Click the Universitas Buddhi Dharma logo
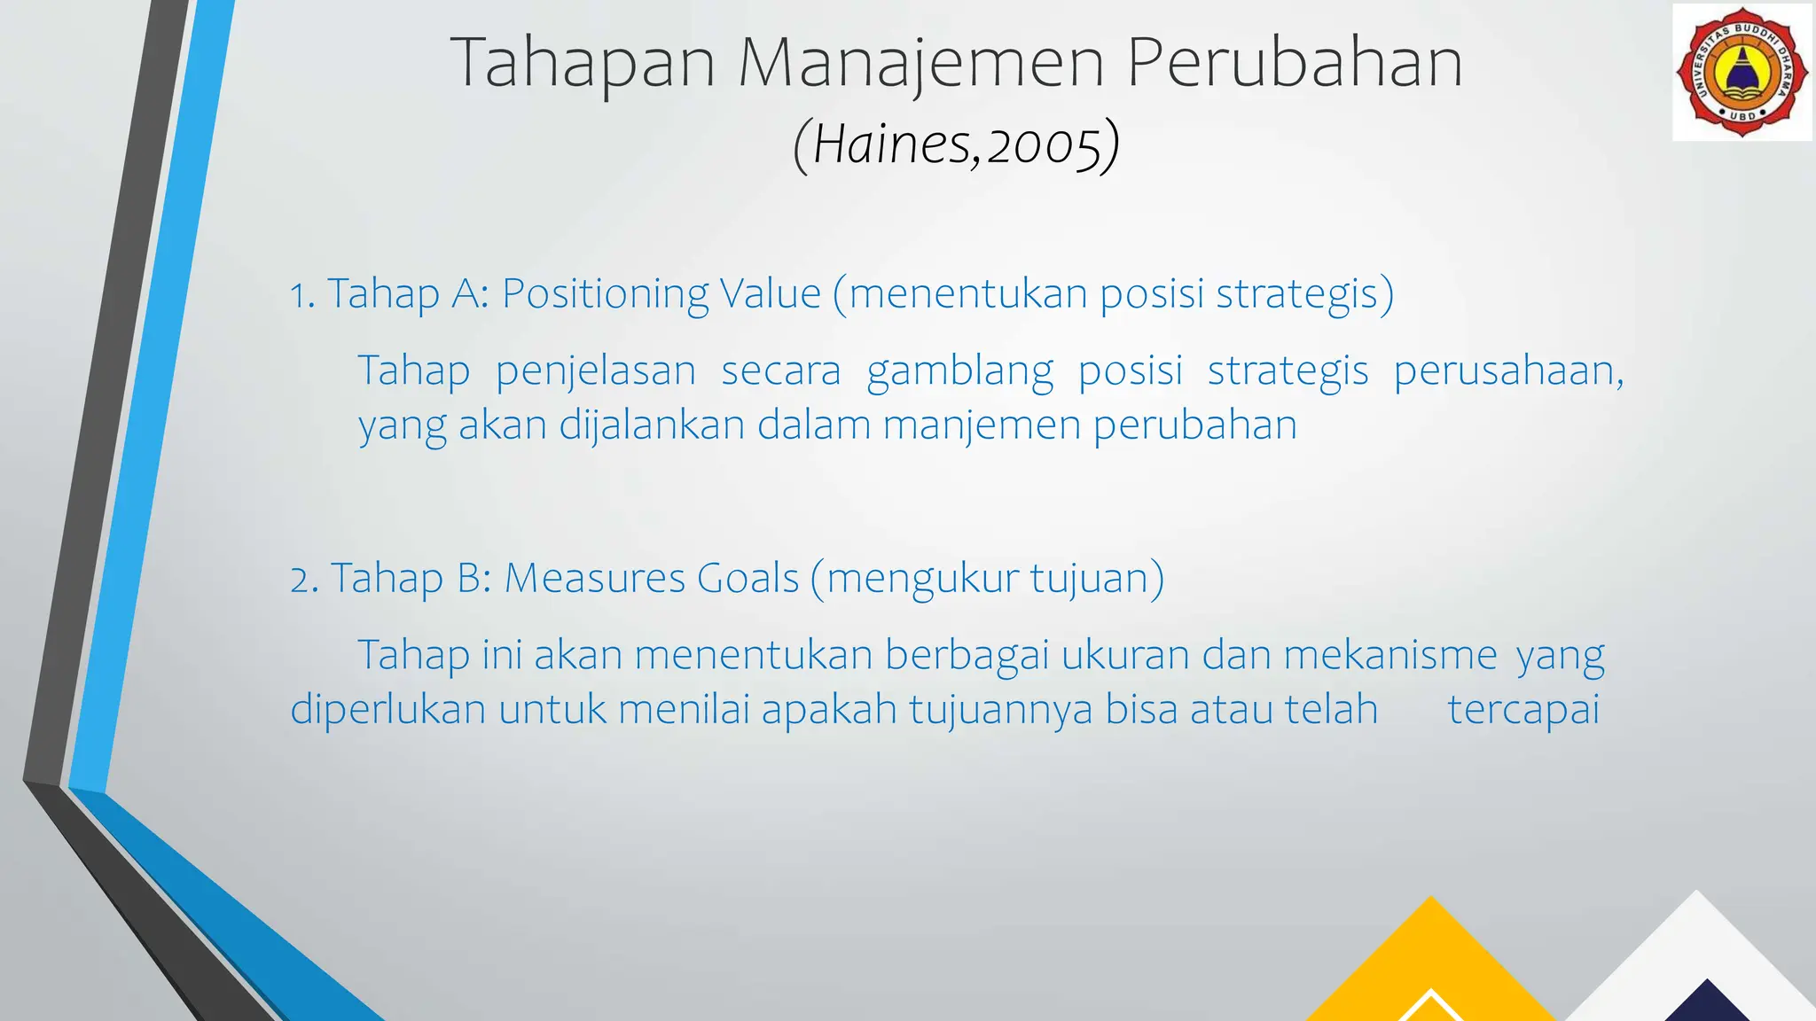pyautogui.click(x=1742, y=72)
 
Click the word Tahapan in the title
pyautogui.click(x=582, y=63)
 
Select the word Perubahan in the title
pyautogui.click(x=1295, y=63)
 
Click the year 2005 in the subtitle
pyautogui.click(x=1043, y=144)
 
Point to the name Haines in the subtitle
pyautogui.click(x=893, y=144)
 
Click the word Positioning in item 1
pyautogui.click(x=605, y=293)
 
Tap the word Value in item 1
pyautogui.click(x=771, y=293)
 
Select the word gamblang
pyautogui.click(x=959, y=370)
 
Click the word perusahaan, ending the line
pyautogui.click(x=1508, y=370)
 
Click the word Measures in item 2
pyautogui.click(x=594, y=578)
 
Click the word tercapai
pyautogui.click(x=1523, y=710)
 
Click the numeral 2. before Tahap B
pyautogui.click(x=304, y=580)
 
